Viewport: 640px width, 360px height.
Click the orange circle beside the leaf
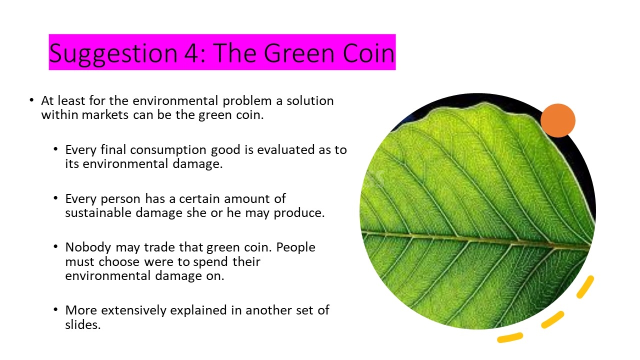pyautogui.click(x=557, y=120)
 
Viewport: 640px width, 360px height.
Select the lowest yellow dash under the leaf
pyautogui.click(x=510, y=337)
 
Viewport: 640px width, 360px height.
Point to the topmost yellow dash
pyautogui.click(x=585, y=287)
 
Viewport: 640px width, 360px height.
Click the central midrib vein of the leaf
pyautogui.click(x=475, y=239)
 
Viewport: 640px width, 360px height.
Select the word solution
pyautogui.click(x=310, y=100)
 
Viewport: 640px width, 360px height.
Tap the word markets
pyautogui.click(x=105, y=115)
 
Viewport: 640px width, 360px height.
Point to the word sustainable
pyautogui.click(x=98, y=212)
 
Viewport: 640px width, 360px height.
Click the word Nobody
pyautogui.click(x=88, y=247)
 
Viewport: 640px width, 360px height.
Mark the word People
pyautogui.click(x=295, y=247)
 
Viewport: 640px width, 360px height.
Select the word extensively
pyautogui.click(x=133, y=310)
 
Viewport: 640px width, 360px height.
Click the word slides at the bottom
pyautogui.click(x=83, y=324)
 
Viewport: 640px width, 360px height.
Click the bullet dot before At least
pyautogui.click(x=31, y=100)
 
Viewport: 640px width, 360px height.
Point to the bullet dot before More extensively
pyautogui.click(x=55, y=309)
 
